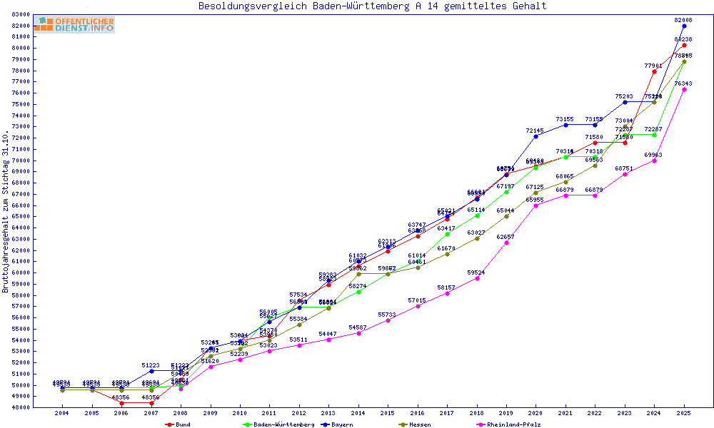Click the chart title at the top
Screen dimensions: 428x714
click(372, 6)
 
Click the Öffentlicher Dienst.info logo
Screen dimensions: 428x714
click(74, 25)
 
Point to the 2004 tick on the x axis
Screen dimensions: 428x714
click(62, 413)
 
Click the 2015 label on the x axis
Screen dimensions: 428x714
click(388, 413)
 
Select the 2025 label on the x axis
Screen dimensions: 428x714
click(684, 413)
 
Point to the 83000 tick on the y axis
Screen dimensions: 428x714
click(20, 14)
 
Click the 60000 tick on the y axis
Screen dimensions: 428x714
click(20, 272)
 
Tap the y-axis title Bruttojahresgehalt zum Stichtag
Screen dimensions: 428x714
click(6, 212)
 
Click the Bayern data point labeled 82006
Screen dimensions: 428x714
click(684, 26)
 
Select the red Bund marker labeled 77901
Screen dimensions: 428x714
click(654, 71)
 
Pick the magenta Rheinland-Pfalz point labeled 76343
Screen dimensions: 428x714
click(684, 89)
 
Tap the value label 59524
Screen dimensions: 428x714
click(477, 272)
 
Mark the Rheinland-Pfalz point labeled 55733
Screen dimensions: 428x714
click(388, 320)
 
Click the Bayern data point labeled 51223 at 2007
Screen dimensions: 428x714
click(151, 371)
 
